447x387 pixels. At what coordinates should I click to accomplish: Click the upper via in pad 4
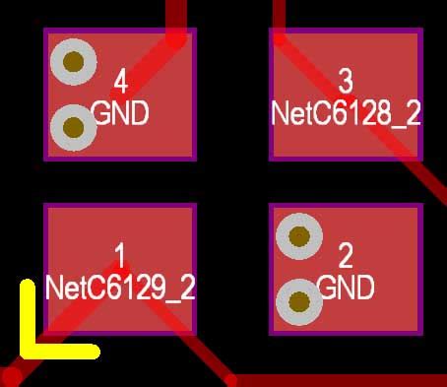[73, 62]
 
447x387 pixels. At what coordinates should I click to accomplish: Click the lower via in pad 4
[72, 127]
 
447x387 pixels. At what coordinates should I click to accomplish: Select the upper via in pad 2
[299, 236]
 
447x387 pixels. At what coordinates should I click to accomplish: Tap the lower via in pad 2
[298, 302]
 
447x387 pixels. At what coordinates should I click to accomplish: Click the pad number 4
[120, 81]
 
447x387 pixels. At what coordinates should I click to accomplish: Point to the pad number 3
[346, 80]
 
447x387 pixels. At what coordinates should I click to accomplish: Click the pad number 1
[120, 257]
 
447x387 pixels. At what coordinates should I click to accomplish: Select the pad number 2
[346, 257]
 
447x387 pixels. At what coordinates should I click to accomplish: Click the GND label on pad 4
[120, 113]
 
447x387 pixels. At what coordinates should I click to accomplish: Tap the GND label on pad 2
[346, 289]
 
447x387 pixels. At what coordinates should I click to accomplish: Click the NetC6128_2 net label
[346, 113]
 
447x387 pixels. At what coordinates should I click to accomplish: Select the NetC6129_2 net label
[120, 289]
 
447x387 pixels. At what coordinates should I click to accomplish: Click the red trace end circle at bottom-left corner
[12, 375]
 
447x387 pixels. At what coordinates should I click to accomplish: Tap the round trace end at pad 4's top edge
[175, 37]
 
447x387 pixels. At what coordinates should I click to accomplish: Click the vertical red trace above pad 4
[176, 12]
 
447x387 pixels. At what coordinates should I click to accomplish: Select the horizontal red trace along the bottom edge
[335, 380]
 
